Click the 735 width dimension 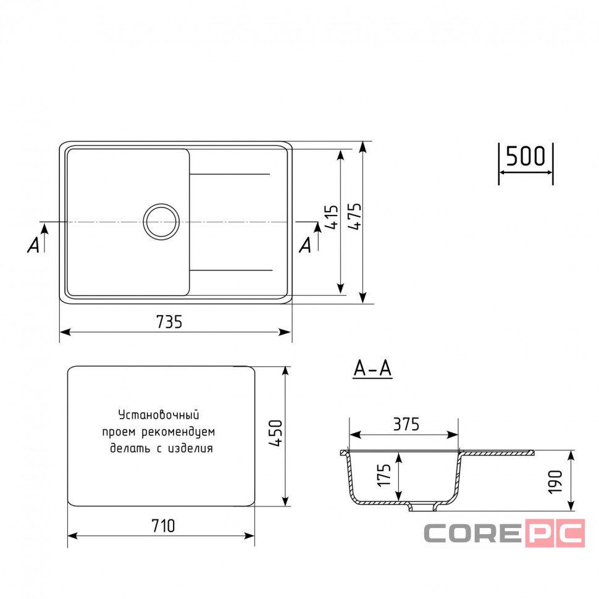coord(169,322)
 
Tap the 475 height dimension coord(355,216)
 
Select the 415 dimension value coord(332,217)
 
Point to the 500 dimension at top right coord(526,156)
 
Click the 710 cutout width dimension coord(163,526)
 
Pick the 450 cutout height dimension coord(276,433)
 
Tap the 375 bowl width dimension coord(406,424)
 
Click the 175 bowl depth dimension coord(383,475)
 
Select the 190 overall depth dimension coord(555,482)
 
